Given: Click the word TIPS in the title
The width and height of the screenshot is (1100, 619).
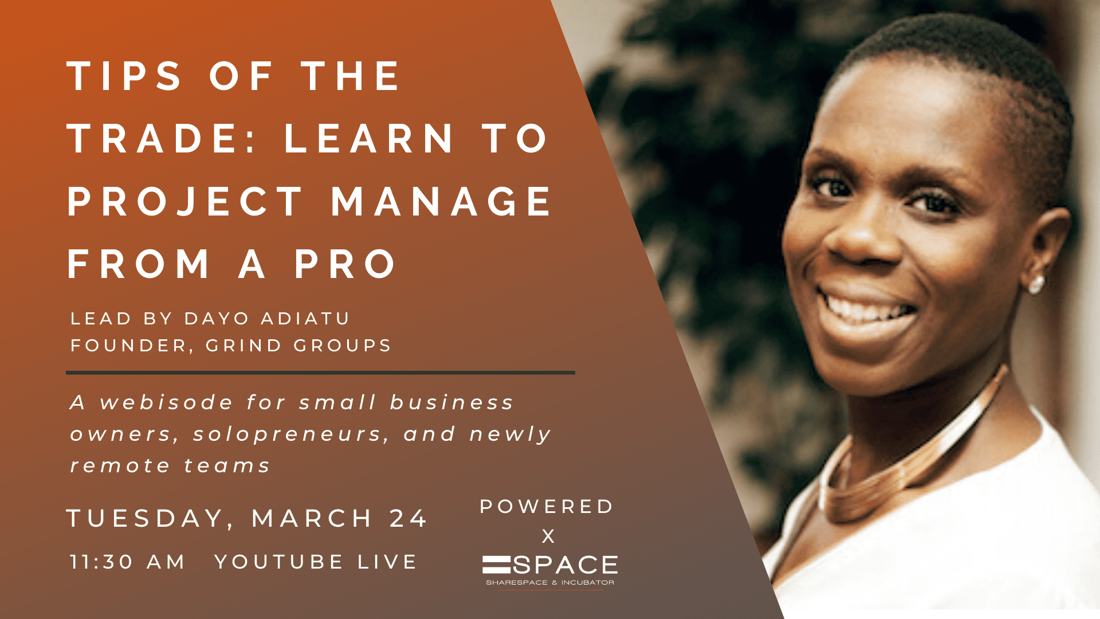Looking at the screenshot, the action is coord(124,76).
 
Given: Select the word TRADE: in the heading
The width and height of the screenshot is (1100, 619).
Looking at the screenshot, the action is coord(162,139).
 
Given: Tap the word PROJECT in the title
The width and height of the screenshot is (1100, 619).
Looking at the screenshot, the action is coord(184,202).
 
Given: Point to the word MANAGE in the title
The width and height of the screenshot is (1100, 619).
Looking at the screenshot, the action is coord(441,202).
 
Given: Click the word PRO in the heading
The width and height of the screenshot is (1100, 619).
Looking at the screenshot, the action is coord(345,264).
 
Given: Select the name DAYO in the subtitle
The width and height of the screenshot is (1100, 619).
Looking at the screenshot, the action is coord(217,319).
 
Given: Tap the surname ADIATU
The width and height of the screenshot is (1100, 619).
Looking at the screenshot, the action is coord(305,319).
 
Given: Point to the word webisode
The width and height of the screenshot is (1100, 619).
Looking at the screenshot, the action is coord(166,402).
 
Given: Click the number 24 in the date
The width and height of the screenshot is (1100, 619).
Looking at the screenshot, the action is coord(408,519).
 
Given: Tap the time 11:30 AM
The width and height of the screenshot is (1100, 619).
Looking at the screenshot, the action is coord(127,562).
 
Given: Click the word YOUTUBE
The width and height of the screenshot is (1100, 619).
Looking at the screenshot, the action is coord(278,562).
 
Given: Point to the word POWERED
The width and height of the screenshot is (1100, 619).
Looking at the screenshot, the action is coord(547,507).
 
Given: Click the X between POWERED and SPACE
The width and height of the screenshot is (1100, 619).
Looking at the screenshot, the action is coord(548,536).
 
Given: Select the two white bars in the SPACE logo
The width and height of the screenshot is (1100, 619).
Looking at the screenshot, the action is coord(496,565).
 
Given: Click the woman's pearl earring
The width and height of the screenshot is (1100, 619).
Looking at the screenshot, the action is coord(1036,284).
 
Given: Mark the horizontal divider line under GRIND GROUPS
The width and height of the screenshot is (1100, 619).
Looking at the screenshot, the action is coord(320,373).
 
